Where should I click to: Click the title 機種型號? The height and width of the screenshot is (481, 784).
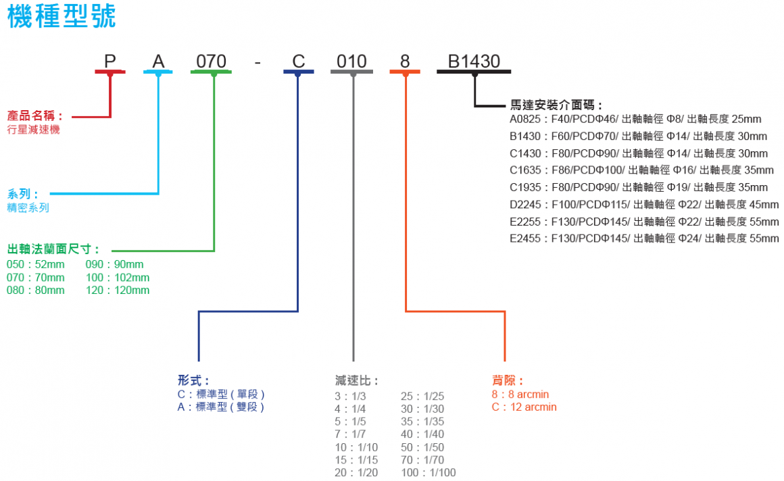point(62,17)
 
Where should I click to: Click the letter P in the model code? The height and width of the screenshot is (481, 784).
point(110,61)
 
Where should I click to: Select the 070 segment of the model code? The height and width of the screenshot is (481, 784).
point(211,61)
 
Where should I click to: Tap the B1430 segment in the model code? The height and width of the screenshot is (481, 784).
point(473,61)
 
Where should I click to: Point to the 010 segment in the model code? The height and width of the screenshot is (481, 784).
point(351,61)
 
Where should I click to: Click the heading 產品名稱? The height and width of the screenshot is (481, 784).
point(35,116)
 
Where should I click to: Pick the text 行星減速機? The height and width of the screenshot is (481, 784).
point(33,130)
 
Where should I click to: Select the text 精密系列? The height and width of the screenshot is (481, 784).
point(28,208)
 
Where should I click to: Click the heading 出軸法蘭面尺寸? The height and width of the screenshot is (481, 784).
point(53,249)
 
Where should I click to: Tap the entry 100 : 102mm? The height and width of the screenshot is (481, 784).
point(118,278)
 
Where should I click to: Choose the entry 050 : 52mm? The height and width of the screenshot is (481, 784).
point(35,264)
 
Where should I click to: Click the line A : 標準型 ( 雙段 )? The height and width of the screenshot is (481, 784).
point(220,407)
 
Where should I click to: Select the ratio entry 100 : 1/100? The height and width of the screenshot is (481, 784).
point(428,473)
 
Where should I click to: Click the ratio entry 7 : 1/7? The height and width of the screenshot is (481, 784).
point(350,434)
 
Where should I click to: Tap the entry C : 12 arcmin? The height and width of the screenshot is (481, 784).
point(524,407)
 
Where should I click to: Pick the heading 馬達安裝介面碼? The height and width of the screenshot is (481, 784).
point(557,105)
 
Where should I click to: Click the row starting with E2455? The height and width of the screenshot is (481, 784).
point(644,238)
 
